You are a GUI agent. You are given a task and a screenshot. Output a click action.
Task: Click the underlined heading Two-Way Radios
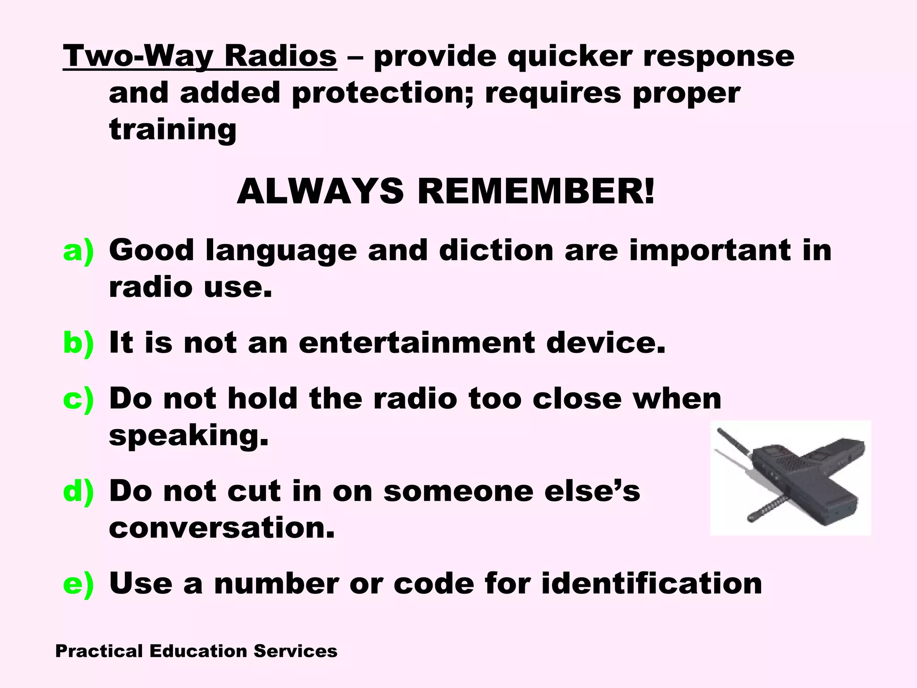coord(200,56)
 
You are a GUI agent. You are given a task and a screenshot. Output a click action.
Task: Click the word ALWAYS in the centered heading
coord(320,192)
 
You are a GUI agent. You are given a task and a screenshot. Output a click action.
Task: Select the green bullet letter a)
coord(78,250)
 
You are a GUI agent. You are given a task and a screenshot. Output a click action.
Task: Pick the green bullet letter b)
coord(78,343)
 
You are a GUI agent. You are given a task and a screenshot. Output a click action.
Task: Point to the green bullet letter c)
coord(78,399)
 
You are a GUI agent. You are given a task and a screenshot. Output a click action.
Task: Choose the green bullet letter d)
coord(78,491)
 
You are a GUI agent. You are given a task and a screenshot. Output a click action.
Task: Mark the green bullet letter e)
coord(78,584)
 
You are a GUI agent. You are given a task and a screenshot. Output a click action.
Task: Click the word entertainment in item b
coord(416,343)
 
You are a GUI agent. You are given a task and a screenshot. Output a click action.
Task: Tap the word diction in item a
coord(496,250)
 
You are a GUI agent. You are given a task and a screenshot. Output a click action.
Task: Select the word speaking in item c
coord(189,436)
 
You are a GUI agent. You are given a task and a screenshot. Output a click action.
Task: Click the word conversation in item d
coord(222,528)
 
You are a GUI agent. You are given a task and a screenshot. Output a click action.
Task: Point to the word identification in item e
coord(651,584)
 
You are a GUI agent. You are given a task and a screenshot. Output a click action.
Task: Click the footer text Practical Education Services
coord(196,651)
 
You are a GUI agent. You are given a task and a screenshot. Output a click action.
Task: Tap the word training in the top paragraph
coord(173,130)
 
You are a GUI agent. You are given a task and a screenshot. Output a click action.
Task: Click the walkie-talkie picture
coord(790,477)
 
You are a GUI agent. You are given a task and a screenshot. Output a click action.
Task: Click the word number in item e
coord(277,584)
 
